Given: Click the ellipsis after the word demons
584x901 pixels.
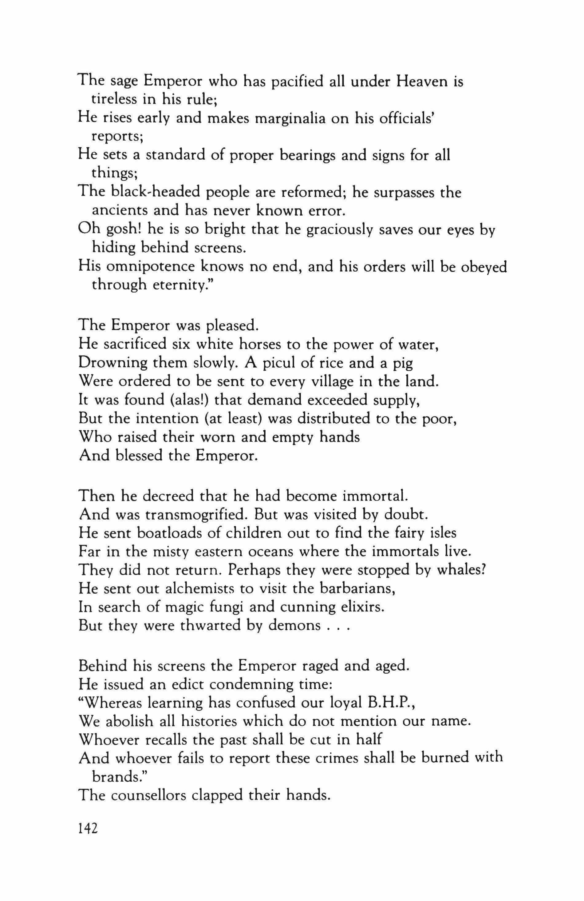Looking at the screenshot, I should tap(337, 625).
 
